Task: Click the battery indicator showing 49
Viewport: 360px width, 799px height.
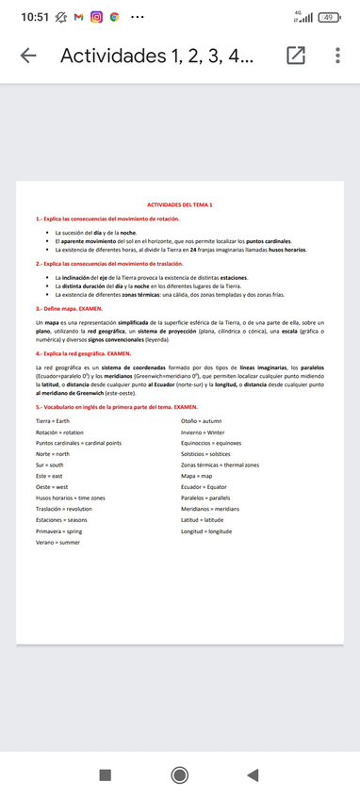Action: (329, 17)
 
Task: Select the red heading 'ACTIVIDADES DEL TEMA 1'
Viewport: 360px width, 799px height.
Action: (180, 204)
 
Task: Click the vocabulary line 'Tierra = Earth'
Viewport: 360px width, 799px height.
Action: (53, 420)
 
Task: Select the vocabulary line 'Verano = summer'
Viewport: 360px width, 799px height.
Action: (58, 543)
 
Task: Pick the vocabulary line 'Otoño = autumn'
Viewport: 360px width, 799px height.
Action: (201, 420)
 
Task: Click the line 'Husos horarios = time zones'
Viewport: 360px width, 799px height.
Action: (71, 497)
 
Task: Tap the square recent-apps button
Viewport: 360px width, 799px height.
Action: (106, 775)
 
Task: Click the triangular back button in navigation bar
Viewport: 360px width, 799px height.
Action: (252, 775)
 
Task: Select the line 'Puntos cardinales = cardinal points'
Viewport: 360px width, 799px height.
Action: (79, 443)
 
